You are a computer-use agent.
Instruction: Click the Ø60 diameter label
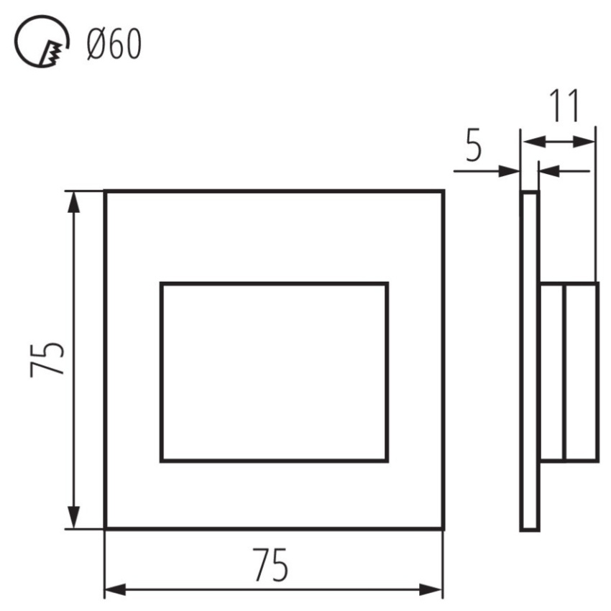pyautogui.click(x=114, y=45)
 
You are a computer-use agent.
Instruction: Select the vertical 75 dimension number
pyautogui.click(x=47, y=359)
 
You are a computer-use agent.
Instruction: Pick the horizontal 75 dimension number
pyautogui.click(x=270, y=564)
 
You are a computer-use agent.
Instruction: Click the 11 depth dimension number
pyautogui.click(x=564, y=105)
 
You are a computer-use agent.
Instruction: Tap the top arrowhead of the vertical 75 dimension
pyautogui.click(x=73, y=202)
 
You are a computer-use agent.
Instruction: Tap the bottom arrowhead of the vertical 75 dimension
pyautogui.click(x=73, y=518)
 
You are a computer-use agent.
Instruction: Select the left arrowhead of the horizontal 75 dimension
pyautogui.click(x=116, y=590)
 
